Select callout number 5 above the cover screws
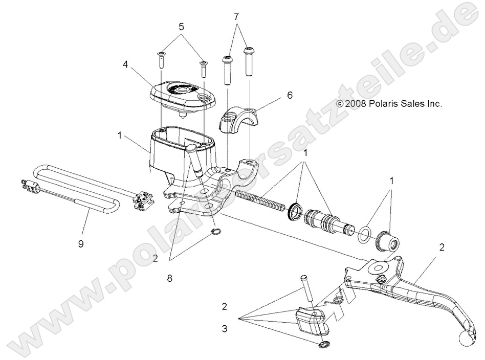[x=181, y=26]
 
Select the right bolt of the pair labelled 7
[x=250, y=60]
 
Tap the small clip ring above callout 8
[x=216, y=233]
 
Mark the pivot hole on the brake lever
[x=380, y=267]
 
